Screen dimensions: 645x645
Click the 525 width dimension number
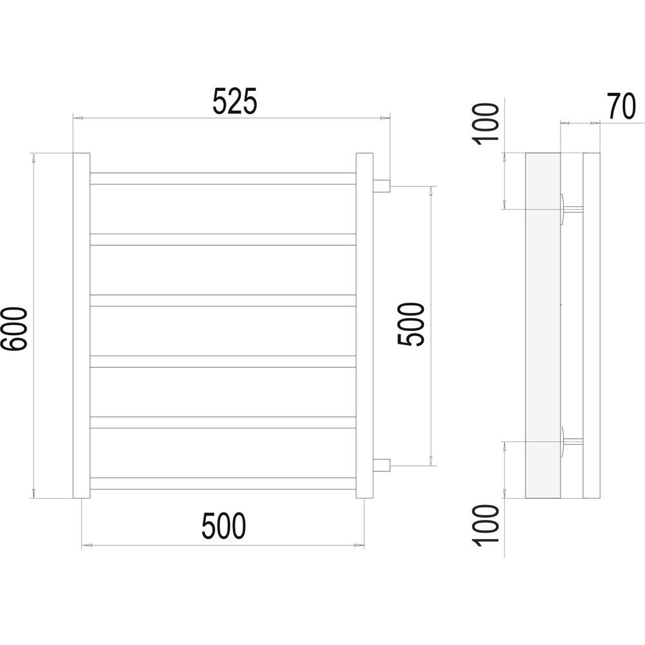coord(235,101)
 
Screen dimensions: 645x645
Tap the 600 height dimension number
coord(15,329)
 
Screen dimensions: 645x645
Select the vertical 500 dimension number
coord(410,324)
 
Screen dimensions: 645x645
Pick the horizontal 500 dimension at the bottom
coord(224,526)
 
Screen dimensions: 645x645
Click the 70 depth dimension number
coord(622,106)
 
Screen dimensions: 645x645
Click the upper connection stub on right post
coord(381,186)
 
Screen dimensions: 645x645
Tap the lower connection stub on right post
coord(381,466)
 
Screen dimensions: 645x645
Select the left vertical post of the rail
coord(81,326)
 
